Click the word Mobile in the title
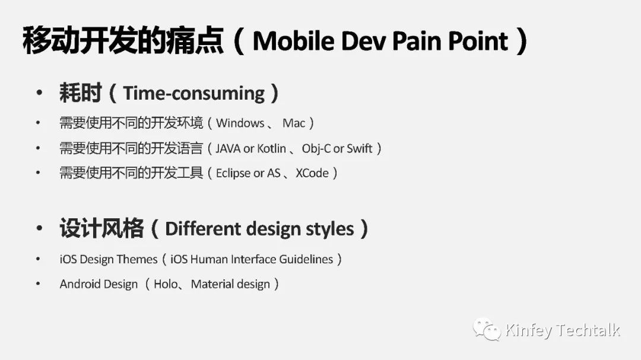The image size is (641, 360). click(x=294, y=41)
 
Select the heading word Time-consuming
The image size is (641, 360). click(x=194, y=94)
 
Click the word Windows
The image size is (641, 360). click(x=240, y=123)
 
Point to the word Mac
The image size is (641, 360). click(x=294, y=123)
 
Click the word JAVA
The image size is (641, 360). click(x=228, y=148)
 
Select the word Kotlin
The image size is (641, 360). click(x=271, y=148)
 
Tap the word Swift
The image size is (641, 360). click(x=359, y=148)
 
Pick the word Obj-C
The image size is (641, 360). click(x=316, y=149)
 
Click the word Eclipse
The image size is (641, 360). click(x=233, y=173)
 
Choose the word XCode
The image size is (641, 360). click(x=312, y=173)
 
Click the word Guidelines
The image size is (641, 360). click(x=306, y=260)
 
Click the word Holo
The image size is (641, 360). click(x=166, y=284)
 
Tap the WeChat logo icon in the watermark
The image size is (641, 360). click(x=487, y=329)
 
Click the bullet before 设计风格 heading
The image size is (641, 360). click(x=39, y=228)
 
